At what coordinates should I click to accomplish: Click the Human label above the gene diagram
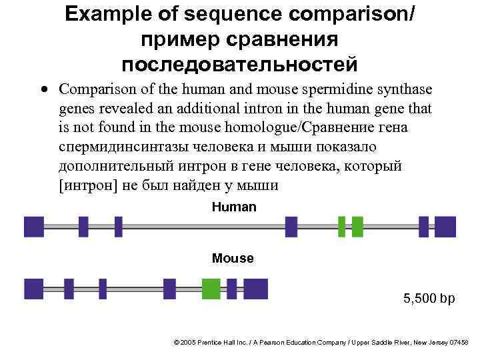click(x=233, y=207)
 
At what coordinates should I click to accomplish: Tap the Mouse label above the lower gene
click(x=233, y=258)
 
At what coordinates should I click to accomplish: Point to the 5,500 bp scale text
click(x=429, y=299)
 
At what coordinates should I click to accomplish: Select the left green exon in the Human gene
click(x=341, y=227)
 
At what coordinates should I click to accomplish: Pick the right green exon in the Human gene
click(x=357, y=227)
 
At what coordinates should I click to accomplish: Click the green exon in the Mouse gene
click(x=211, y=289)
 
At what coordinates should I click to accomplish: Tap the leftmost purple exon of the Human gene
click(x=34, y=227)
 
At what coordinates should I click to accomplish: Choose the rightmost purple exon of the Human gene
click(x=445, y=227)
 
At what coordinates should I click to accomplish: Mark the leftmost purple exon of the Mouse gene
click(x=33, y=289)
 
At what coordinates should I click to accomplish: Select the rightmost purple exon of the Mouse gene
click(x=255, y=289)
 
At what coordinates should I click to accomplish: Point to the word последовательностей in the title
click(x=240, y=65)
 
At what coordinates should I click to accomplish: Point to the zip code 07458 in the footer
click(x=459, y=342)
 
